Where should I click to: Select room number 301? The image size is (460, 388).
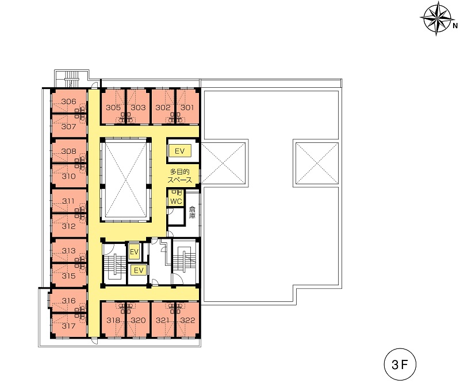[187, 107]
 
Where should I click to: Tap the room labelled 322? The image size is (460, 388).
[187, 320]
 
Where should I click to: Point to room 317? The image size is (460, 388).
[69, 325]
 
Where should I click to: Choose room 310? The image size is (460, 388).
[69, 176]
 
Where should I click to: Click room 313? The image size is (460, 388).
[69, 251]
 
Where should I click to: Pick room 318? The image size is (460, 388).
[113, 320]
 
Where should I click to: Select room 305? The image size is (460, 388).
[113, 107]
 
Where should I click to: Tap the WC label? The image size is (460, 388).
[176, 201]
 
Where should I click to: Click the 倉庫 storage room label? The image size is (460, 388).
[192, 212]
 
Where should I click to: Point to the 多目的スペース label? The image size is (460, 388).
[180, 176]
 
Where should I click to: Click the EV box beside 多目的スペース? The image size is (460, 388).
[179, 151]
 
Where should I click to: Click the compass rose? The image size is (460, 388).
[437, 18]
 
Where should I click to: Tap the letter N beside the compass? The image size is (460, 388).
[455, 26]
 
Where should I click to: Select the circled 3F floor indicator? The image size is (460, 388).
[400, 364]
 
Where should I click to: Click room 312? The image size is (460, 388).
[69, 226]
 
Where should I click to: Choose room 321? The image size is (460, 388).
[163, 320]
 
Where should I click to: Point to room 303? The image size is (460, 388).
[138, 107]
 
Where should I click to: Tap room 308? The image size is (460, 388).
[69, 151]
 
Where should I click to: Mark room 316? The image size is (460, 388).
[69, 300]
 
